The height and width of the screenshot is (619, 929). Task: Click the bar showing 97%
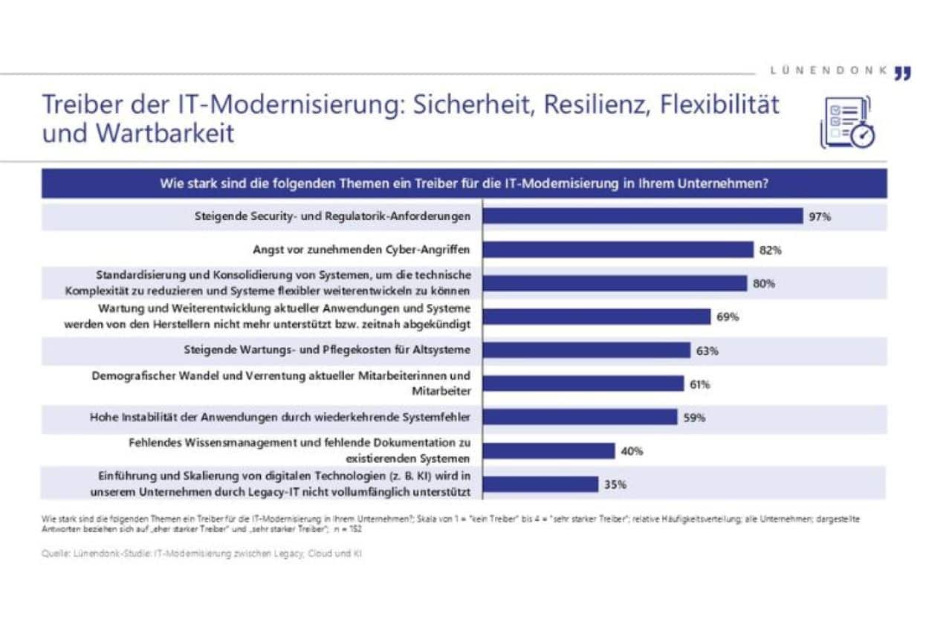point(644,216)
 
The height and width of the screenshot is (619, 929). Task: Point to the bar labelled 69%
point(597,317)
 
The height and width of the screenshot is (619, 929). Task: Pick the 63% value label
point(708,351)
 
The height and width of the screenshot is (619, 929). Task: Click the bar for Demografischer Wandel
point(583,384)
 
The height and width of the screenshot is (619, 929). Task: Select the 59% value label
point(695,417)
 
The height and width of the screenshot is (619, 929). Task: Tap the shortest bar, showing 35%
point(540,484)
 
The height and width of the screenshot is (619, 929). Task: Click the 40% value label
point(632,451)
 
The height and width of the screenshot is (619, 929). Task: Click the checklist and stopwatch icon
point(847,123)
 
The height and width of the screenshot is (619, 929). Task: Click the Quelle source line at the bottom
point(202,554)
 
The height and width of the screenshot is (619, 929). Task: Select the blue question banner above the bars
point(464,184)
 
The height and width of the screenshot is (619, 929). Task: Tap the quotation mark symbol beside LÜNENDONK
point(902,72)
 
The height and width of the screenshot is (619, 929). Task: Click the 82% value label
point(771,250)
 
